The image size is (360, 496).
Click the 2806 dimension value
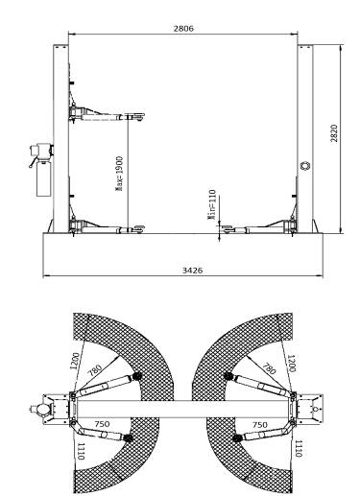(x=183, y=29)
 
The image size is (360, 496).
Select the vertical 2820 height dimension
(x=341, y=139)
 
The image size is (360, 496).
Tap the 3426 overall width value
(x=192, y=271)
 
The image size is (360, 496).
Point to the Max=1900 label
(x=119, y=174)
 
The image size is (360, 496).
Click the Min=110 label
(x=212, y=204)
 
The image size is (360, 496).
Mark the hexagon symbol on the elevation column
(x=305, y=165)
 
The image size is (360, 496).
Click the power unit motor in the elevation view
(x=41, y=152)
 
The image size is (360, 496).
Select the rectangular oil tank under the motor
(x=44, y=179)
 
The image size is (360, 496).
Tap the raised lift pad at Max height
(x=134, y=115)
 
